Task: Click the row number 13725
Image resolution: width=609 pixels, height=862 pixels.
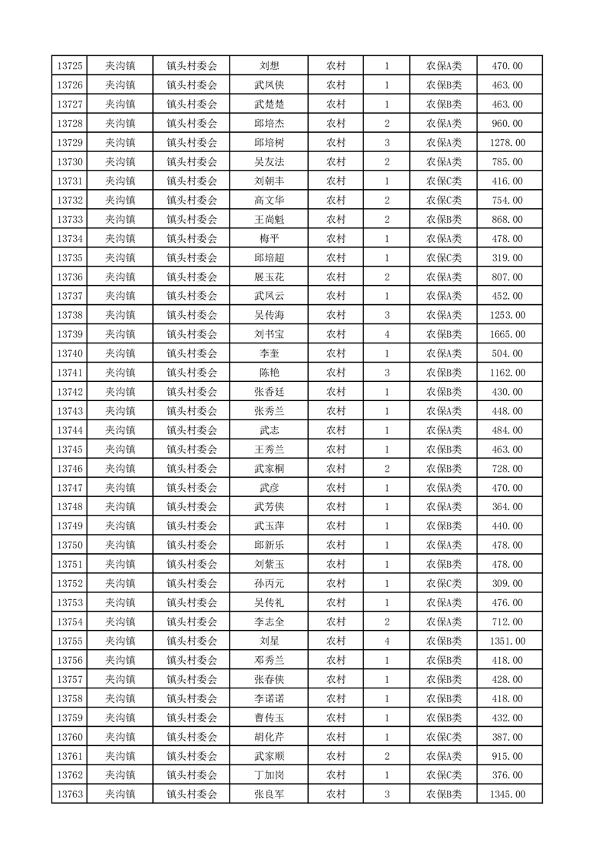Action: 70,66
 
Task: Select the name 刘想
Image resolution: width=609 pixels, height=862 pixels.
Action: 269,66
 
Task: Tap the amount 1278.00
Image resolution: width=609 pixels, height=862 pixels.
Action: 507,143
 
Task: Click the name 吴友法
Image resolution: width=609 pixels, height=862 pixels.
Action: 269,162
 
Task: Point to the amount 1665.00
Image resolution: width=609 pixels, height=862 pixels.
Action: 507,334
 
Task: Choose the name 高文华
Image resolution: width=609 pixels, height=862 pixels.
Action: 269,201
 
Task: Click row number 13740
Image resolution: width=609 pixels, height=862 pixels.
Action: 70,353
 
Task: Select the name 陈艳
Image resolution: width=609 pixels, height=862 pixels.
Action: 269,373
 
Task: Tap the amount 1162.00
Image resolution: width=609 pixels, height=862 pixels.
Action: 507,373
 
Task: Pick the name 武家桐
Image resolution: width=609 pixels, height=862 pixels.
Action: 269,469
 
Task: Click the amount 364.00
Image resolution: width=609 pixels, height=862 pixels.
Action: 507,507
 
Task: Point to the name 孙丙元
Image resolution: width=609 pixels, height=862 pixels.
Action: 269,584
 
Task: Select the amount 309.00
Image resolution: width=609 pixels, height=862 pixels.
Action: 507,584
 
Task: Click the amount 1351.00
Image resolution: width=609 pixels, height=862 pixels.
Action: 507,642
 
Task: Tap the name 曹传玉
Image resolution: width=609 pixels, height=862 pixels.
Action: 269,718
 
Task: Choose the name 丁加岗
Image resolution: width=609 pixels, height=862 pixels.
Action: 269,775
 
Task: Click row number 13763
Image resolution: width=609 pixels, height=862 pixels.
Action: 70,794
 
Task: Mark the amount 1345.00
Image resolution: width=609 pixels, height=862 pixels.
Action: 507,794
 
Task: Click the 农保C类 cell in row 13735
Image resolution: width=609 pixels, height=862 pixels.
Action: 444,258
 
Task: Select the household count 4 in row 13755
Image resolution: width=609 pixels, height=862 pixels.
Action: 386,642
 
